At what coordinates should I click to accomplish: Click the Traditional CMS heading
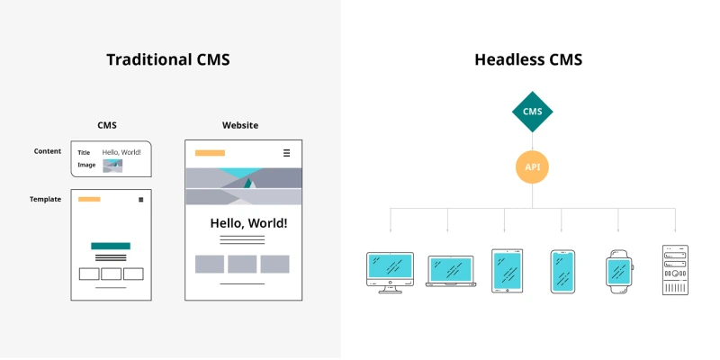(168, 60)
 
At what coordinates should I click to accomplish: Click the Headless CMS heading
(528, 60)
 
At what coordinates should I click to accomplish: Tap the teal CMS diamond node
(532, 112)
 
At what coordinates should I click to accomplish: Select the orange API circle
(532, 166)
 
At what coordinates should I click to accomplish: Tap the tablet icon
(507, 270)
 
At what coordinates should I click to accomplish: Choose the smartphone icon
(562, 271)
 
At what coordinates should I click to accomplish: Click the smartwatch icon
(619, 270)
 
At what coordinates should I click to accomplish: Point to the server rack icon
(675, 270)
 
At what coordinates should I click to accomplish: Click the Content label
(48, 151)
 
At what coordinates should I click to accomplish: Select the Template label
(45, 199)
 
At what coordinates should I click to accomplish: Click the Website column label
(240, 125)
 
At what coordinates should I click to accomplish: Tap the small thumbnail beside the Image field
(112, 166)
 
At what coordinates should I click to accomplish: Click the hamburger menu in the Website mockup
(286, 153)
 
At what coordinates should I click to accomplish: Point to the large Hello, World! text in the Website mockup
(248, 222)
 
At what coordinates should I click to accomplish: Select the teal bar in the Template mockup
(111, 246)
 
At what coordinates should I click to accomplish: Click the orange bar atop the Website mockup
(210, 153)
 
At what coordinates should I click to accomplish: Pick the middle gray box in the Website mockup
(242, 264)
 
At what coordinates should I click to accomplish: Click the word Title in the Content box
(84, 153)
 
